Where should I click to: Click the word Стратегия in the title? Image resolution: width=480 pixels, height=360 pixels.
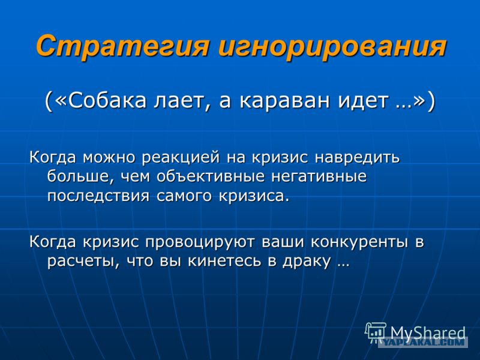coord(122,46)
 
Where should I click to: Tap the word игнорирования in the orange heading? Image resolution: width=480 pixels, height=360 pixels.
coord(332,46)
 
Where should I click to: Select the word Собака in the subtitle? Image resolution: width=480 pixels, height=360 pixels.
coord(107,101)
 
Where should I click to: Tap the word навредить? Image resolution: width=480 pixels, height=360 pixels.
coord(357,157)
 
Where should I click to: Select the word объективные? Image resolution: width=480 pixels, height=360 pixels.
coord(211,176)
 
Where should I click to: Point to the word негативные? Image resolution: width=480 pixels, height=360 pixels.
coord(319,176)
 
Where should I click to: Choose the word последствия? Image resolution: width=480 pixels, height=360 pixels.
coord(98,196)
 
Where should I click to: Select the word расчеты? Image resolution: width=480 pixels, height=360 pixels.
coord(80,261)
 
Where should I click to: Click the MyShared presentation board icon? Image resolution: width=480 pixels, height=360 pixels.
coord(376,332)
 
